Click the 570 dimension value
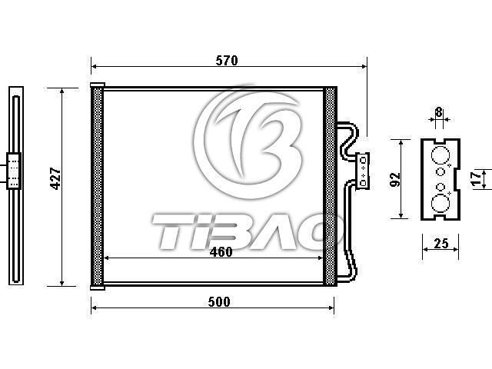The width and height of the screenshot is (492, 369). (x=227, y=61)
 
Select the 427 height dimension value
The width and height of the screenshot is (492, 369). (x=55, y=178)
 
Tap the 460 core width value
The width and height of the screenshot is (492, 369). (x=221, y=252)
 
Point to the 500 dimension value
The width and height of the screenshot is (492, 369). (x=219, y=302)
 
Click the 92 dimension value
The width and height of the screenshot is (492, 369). (x=395, y=179)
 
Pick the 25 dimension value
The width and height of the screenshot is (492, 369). (x=441, y=244)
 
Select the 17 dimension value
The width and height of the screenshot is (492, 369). (x=477, y=179)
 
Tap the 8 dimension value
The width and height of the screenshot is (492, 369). (x=439, y=112)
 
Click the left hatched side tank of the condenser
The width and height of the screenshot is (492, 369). (x=97, y=186)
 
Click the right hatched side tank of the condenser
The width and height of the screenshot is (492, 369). (x=330, y=186)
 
